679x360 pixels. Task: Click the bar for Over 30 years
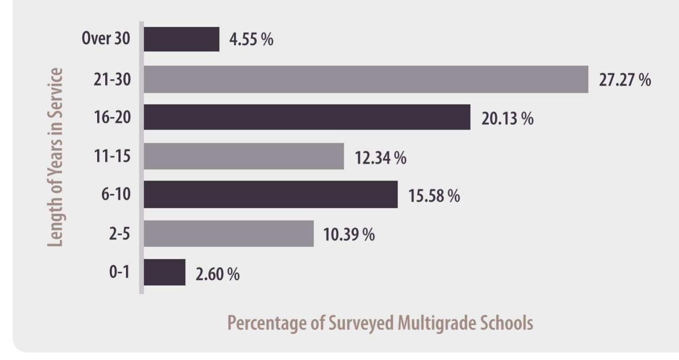pyautogui.click(x=182, y=39)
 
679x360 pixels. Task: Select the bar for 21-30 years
pyautogui.click(x=366, y=79)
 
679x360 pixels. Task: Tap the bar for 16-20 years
pyautogui.click(x=307, y=117)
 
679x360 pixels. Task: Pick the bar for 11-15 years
pyautogui.click(x=244, y=156)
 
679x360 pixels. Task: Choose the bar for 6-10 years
pyautogui.click(x=271, y=194)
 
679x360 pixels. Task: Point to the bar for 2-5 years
pyautogui.click(x=229, y=233)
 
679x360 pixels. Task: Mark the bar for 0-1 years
pyautogui.click(x=165, y=272)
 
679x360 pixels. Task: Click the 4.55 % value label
pyautogui.click(x=251, y=40)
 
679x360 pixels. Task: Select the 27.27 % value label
pyautogui.click(x=625, y=80)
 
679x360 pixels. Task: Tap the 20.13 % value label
pyautogui.click(x=507, y=118)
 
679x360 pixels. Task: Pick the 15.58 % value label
pyautogui.click(x=434, y=196)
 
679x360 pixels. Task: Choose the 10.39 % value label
pyautogui.click(x=349, y=234)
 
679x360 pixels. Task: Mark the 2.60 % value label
pyautogui.click(x=217, y=274)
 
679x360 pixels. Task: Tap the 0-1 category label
pyautogui.click(x=119, y=273)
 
